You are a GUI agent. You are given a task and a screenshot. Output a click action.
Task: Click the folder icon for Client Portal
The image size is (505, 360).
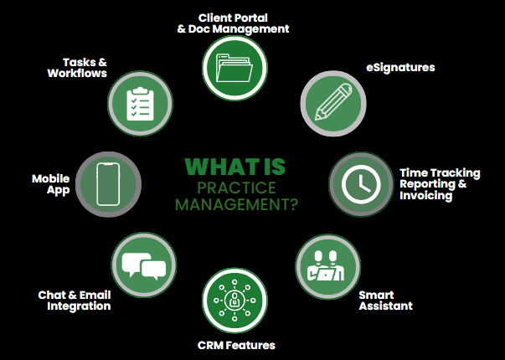click(234, 65)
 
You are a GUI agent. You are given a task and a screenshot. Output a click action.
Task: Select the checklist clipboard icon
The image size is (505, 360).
click(141, 103)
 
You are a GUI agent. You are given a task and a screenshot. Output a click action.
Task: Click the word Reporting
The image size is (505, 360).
click(431, 184)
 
